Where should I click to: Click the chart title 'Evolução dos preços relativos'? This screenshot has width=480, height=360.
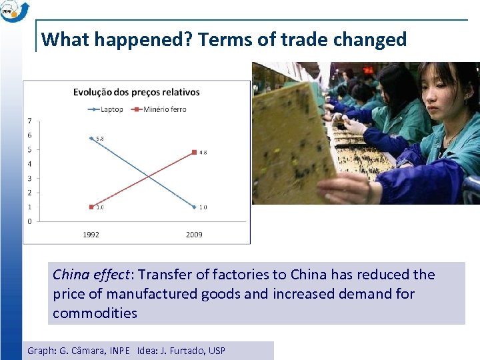click(137, 92)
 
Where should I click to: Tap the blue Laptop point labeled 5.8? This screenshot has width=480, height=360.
click(91, 138)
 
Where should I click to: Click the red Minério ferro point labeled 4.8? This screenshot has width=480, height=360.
click(194, 152)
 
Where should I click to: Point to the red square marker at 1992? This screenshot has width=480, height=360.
click(91, 207)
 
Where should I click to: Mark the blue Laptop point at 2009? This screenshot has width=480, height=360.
click(194, 207)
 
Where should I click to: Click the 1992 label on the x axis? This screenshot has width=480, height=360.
click(91, 234)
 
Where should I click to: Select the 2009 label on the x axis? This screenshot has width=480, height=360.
click(194, 234)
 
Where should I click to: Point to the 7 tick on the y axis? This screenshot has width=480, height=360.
click(29, 121)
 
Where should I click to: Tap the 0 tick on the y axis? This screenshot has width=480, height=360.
click(29, 221)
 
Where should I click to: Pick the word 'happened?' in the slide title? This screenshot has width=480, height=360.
click(143, 40)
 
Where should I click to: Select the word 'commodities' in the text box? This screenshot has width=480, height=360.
click(95, 313)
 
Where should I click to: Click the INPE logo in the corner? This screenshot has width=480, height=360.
click(15, 11)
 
